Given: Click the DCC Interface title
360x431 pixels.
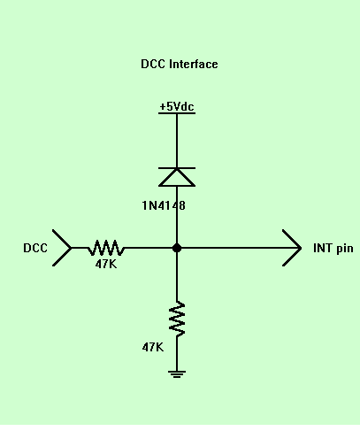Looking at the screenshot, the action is point(180,64).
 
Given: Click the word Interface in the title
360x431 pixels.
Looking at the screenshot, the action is point(194,64).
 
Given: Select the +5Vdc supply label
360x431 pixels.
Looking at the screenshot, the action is point(177,106).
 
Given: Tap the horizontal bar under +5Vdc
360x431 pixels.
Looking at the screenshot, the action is point(177,113).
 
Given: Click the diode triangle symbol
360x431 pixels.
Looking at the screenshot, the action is point(177,178).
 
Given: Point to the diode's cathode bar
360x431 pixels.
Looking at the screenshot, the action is point(177,168).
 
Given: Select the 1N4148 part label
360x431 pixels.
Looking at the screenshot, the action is point(164,205).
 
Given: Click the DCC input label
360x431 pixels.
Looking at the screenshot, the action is point(35,248).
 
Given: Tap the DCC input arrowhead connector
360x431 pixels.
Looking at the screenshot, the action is point(62,248).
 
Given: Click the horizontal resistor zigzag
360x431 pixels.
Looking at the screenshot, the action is point(106,248).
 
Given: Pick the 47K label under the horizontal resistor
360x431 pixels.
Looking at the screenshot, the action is point(106,264).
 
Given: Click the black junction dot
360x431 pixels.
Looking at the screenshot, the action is point(177,248).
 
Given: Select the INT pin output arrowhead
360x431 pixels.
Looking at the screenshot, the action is point(292,248).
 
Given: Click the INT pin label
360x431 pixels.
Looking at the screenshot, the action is point(333,249).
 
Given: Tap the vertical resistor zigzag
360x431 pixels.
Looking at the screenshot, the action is point(177,319).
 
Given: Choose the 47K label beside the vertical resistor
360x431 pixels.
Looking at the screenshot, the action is point(153,347).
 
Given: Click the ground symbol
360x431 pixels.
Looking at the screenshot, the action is point(177,374).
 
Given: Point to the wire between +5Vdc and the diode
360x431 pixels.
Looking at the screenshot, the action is point(177,141).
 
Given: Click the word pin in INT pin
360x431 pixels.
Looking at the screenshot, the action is point(345,249).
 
